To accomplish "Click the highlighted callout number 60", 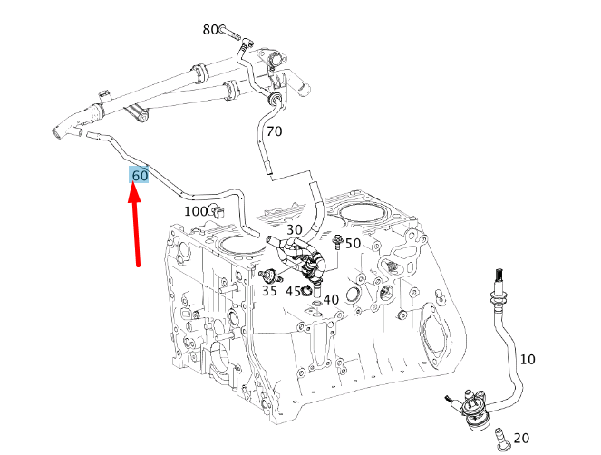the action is [x=140, y=176].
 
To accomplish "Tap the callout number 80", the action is [x=210, y=30].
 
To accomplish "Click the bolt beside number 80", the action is [x=230, y=33].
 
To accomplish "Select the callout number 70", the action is [x=275, y=131].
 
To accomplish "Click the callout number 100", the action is [x=196, y=211].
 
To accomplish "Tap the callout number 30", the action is [x=295, y=229].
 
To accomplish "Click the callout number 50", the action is [x=353, y=243].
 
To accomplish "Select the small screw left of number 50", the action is [x=338, y=242].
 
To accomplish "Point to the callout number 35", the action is [x=269, y=291].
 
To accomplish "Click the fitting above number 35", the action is [x=270, y=276].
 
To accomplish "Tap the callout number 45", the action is [x=293, y=291].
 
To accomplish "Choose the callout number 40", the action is [x=331, y=299].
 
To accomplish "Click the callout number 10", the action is [x=528, y=359].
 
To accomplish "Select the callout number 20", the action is [x=521, y=438].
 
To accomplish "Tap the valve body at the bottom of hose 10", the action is [x=475, y=412].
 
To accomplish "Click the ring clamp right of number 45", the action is [x=306, y=291].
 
